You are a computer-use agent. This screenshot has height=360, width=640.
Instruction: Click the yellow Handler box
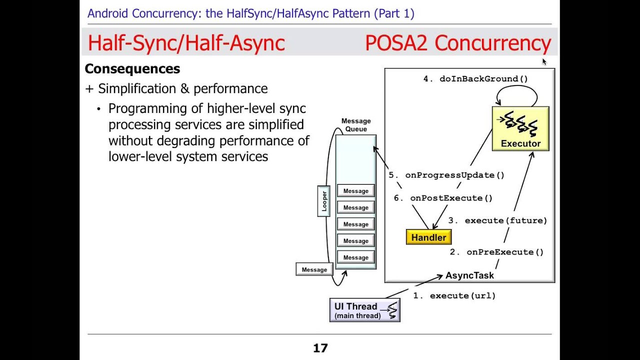coord(428,237)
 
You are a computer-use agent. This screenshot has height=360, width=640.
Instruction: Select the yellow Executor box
coord(520,129)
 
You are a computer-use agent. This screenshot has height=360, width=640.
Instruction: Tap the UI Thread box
coord(365,310)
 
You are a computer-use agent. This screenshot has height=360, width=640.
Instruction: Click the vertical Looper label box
coord(324,201)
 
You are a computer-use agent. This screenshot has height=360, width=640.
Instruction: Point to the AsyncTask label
coord(469,275)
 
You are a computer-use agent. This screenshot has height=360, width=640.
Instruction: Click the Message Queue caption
coord(356,125)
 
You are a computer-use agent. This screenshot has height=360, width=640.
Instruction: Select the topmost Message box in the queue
coord(356,191)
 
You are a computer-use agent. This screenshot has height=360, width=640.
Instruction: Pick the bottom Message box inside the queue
coord(356,257)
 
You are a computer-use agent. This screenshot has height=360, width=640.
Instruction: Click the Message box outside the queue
coord(314,269)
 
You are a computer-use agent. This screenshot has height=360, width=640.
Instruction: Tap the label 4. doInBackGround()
coord(475,78)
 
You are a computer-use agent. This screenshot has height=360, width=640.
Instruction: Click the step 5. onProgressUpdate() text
coord(446,175)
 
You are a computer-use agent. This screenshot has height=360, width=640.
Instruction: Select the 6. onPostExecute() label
coord(443,198)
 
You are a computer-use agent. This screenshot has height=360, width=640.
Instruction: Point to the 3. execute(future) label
coord(497,220)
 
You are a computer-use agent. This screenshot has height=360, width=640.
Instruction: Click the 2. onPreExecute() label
coord(496,252)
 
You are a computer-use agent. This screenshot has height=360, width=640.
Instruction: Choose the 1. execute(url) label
coord(454,295)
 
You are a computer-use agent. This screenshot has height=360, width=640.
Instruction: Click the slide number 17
coord(320,348)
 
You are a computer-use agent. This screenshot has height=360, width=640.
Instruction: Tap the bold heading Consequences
coord(132,68)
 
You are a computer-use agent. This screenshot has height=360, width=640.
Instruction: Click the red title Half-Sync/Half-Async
coord(186,43)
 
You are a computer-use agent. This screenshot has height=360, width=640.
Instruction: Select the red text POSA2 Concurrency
coord(457,43)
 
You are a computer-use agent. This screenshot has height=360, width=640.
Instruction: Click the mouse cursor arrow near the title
coord(544,61)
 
